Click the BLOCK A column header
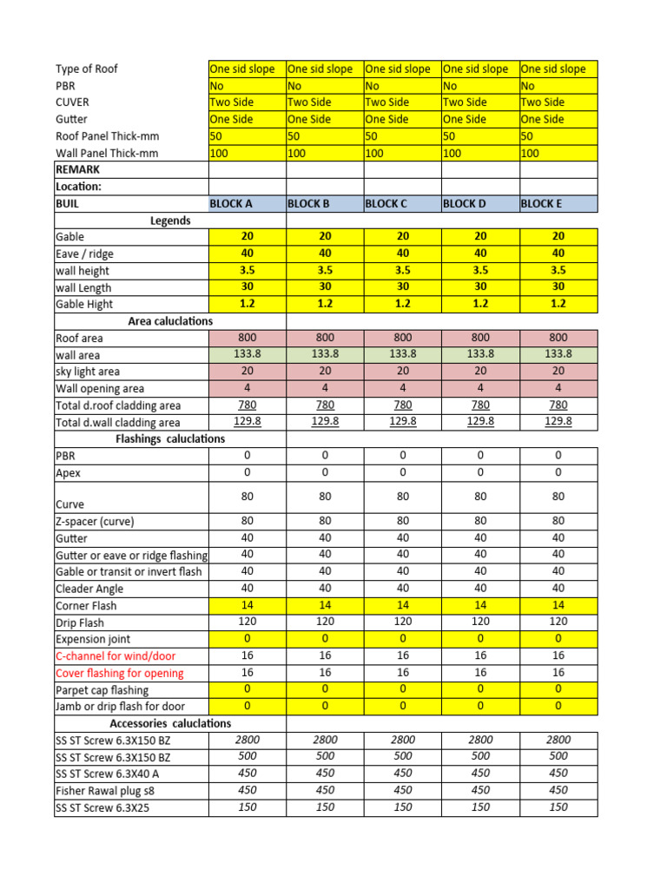click(231, 204)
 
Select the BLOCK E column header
click(541, 204)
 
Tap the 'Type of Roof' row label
click(86, 69)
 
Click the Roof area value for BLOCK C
click(403, 338)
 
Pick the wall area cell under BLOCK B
click(325, 354)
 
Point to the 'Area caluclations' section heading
click(170, 321)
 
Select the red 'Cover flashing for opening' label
click(120, 673)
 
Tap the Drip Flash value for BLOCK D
click(480, 622)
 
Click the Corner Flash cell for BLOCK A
click(248, 605)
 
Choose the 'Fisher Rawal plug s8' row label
click(109, 790)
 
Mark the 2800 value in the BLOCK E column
click(558, 740)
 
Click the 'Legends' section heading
click(170, 221)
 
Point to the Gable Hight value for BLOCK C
click(403, 304)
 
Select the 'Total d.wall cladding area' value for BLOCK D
click(480, 421)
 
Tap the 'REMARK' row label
click(78, 170)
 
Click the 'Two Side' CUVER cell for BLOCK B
click(308, 102)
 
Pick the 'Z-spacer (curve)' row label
click(95, 522)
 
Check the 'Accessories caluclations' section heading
click(170, 723)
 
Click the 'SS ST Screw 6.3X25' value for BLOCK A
click(248, 807)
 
